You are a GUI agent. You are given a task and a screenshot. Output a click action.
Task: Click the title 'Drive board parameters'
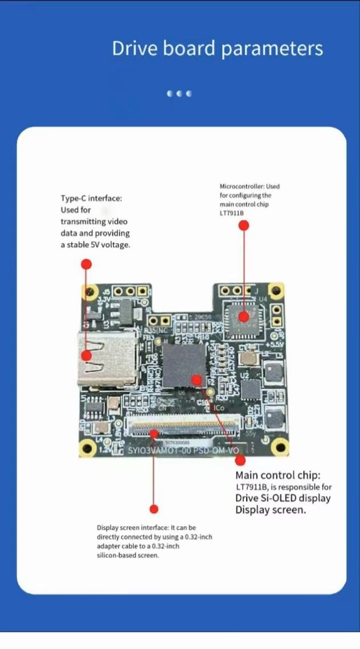tap(217, 49)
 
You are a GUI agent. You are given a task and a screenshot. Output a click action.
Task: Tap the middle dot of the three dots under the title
tap(179, 94)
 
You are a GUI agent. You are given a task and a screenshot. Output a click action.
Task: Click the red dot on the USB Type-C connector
tap(86, 355)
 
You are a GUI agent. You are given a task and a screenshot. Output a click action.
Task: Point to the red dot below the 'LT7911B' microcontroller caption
tap(244, 225)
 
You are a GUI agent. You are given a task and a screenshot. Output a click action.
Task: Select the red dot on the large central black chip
tap(197, 379)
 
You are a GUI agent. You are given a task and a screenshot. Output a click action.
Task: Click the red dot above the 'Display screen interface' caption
tap(153, 509)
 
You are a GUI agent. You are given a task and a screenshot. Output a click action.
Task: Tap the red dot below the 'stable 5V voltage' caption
tap(86, 264)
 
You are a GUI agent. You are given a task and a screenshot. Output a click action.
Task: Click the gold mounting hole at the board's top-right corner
tap(276, 290)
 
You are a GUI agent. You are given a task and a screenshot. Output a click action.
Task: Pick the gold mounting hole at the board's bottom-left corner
tap(87, 447)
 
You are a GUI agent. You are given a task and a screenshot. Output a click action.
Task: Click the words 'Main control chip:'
tap(278, 475)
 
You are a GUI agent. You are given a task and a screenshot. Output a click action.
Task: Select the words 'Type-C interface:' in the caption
tap(91, 198)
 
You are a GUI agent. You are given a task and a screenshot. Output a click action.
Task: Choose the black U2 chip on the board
tap(251, 389)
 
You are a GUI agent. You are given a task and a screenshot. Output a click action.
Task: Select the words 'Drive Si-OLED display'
tap(283, 499)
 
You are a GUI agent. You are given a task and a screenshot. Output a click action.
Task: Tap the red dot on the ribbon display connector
tap(154, 434)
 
